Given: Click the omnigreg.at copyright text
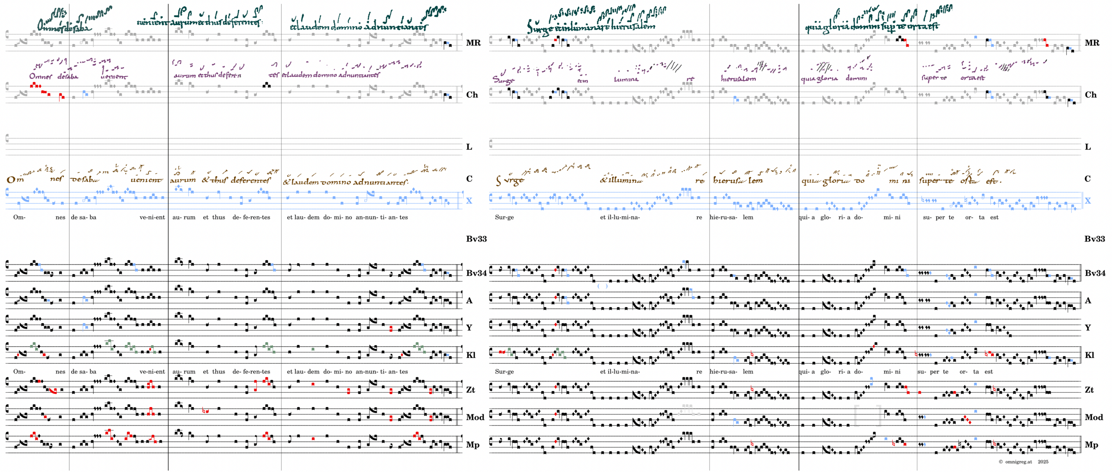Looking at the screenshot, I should pyautogui.click(x=1015, y=462).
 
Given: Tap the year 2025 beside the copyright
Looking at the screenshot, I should pyautogui.click(x=1043, y=462).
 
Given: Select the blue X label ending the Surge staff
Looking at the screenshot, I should pyautogui.click(x=1087, y=200).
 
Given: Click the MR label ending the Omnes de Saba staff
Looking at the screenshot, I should pyautogui.click(x=473, y=43).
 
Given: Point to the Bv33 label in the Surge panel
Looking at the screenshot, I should pyautogui.click(x=1094, y=239).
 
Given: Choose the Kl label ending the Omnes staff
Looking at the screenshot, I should pyautogui.click(x=470, y=355).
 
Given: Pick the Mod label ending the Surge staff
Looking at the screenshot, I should pyautogui.click(x=1093, y=417).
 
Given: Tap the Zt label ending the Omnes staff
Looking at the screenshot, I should pyautogui.click(x=470, y=390).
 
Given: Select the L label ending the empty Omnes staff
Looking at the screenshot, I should pyautogui.click(x=469, y=147).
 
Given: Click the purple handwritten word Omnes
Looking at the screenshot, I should pyautogui.click(x=40, y=76).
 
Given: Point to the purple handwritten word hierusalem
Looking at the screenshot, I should pyautogui.click(x=738, y=78).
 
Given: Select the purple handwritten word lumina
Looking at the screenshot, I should pyautogui.click(x=626, y=79).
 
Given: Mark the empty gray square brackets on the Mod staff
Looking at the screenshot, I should pyautogui.click(x=867, y=416).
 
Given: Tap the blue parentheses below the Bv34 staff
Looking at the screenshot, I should pyautogui.click(x=602, y=286).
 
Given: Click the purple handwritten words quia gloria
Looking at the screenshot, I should pyautogui.click(x=819, y=78).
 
